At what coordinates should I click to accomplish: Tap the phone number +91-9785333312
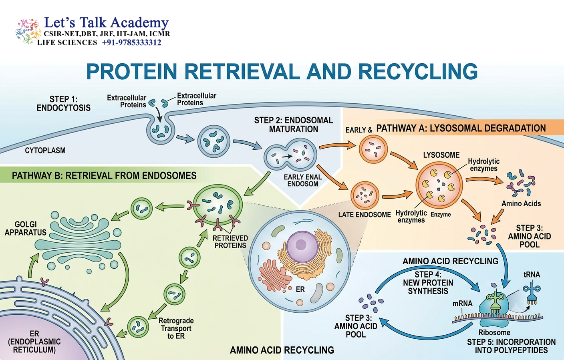coord(131,42)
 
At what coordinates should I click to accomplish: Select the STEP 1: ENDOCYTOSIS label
coord(63,103)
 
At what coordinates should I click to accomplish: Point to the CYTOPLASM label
coord(45,151)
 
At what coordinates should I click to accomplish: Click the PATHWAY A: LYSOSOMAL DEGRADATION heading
coord(461,128)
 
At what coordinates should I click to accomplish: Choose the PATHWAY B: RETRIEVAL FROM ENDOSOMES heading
coord(104,175)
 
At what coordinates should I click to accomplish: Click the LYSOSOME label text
coord(441,155)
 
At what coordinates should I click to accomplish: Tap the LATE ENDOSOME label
coord(365,215)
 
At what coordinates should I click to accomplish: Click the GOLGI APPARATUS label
coord(25,228)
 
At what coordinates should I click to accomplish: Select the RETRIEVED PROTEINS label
coord(230,242)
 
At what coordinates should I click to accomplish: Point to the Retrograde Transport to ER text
coord(176,328)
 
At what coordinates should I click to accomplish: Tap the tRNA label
coord(532,274)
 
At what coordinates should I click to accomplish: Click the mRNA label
coord(462,304)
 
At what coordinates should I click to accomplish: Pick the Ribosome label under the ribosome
coord(494,332)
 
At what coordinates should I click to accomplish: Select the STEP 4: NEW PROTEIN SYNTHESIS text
coord(428,283)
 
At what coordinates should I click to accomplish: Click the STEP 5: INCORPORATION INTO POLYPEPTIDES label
coord(512,346)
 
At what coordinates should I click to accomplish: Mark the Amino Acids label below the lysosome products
coord(521,203)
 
